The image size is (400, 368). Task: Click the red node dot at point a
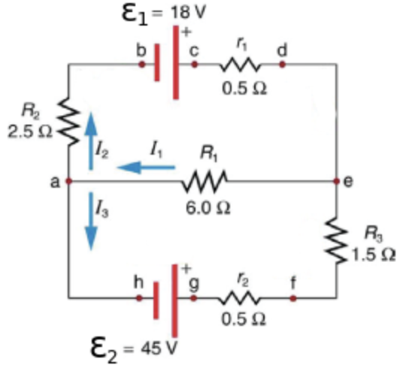[x=68, y=182]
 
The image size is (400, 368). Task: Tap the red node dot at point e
[x=335, y=182]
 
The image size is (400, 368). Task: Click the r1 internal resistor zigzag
[x=240, y=65]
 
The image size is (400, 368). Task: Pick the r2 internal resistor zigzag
[x=240, y=298]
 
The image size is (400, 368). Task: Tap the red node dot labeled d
[x=283, y=65]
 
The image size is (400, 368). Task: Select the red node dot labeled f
[x=293, y=298]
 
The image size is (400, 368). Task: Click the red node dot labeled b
[x=141, y=65]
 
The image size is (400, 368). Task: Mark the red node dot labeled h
[x=140, y=298]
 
